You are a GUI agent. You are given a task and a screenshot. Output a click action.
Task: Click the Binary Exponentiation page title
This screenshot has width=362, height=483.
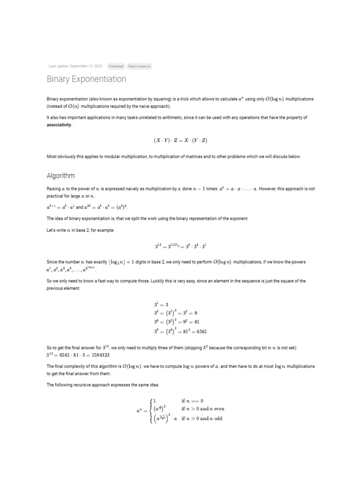pyautogui.click(x=86, y=79)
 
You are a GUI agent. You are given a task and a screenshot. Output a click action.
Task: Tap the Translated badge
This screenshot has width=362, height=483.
pyautogui.click(x=116, y=67)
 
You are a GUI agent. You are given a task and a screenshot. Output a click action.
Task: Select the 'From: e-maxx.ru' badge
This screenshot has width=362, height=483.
pyautogui.click(x=140, y=67)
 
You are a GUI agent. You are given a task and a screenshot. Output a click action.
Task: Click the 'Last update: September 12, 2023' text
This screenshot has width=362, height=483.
pyautogui.click(x=75, y=67)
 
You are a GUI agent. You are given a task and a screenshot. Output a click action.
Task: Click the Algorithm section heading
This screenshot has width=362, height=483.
pyautogui.click(x=60, y=175)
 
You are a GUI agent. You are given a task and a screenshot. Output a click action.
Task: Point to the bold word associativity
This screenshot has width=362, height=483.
pyautogui.click(x=59, y=125)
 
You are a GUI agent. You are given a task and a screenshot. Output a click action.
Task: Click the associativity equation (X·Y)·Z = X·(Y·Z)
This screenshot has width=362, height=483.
pyautogui.click(x=181, y=141)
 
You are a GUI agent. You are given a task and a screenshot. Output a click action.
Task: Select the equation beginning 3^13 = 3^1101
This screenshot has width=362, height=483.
pyautogui.click(x=181, y=246)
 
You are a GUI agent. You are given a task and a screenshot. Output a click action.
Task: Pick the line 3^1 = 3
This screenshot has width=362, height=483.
pyautogui.click(x=161, y=305)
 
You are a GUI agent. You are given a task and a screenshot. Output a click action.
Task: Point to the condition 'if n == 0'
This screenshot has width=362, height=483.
pyautogui.click(x=192, y=401)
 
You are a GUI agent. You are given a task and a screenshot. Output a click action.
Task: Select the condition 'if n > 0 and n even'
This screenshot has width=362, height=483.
pyautogui.click(x=203, y=409)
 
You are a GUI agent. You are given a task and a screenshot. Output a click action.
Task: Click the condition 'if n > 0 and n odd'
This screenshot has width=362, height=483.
pyautogui.click(x=202, y=419)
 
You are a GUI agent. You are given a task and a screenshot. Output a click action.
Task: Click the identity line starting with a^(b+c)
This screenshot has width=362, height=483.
pyautogui.click(x=87, y=207)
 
